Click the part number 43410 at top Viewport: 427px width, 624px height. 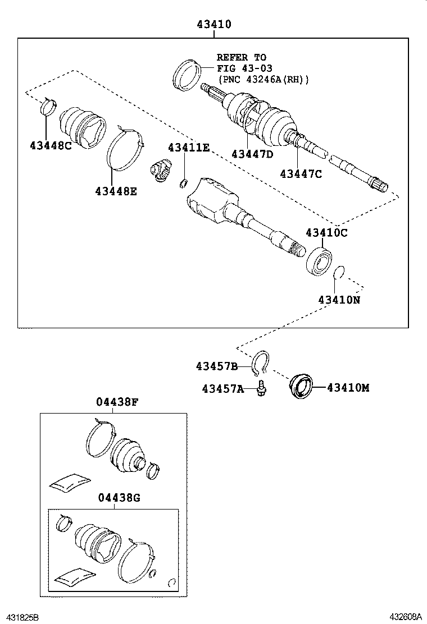point(213,25)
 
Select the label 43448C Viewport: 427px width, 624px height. point(51,145)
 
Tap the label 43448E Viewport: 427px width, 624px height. point(116,191)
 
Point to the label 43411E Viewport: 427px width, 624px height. point(188,148)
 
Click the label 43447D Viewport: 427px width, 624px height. point(252,154)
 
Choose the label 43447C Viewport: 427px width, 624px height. point(301,173)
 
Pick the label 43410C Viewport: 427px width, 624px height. point(327,232)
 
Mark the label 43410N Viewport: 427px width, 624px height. point(339,300)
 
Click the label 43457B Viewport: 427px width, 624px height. point(217,366)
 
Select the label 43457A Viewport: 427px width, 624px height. point(223,388)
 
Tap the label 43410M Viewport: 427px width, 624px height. point(348,388)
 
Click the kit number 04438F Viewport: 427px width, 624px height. point(117,402)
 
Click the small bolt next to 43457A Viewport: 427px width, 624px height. point(261,388)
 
